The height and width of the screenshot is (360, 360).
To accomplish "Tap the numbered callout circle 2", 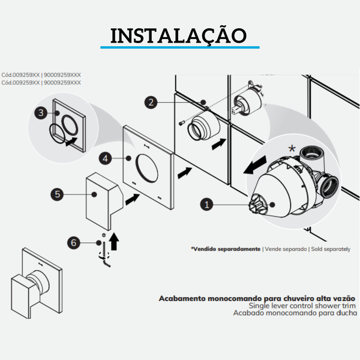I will (152, 103).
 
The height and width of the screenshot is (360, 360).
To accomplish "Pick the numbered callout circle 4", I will (106, 159).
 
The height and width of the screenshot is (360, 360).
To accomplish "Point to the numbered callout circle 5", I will (57, 194).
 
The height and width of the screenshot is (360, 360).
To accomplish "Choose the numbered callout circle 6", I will (73, 242).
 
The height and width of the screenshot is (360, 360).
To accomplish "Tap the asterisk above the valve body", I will (292, 148).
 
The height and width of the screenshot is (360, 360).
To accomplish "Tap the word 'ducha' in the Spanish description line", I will (345, 313).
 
